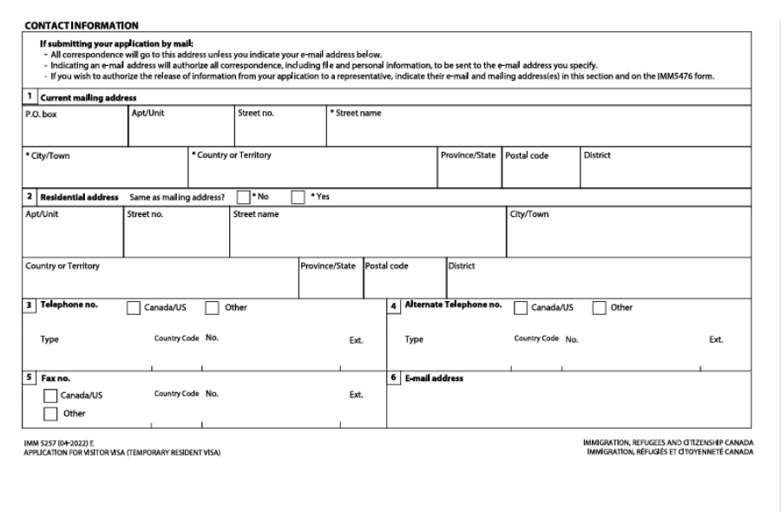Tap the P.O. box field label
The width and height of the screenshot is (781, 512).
[x=41, y=113]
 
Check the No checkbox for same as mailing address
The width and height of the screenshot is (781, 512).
[x=244, y=196]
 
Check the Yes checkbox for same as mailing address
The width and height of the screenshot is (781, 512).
[x=298, y=196]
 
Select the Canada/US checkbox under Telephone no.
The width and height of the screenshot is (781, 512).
[x=134, y=307]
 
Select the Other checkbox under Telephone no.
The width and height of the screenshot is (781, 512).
[x=211, y=307]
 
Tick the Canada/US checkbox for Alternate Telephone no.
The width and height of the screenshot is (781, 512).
[x=522, y=307]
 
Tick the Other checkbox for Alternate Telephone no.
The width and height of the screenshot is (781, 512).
[x=599, y=307]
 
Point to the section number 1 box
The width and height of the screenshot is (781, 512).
[x=28, y=96]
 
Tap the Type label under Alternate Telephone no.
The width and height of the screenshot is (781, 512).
[x=414, y=339]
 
